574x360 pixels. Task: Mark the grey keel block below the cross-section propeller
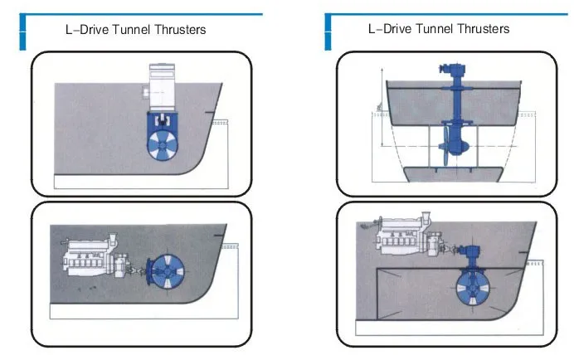coord(453,174)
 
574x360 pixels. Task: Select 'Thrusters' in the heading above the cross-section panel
coord(483,29)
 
